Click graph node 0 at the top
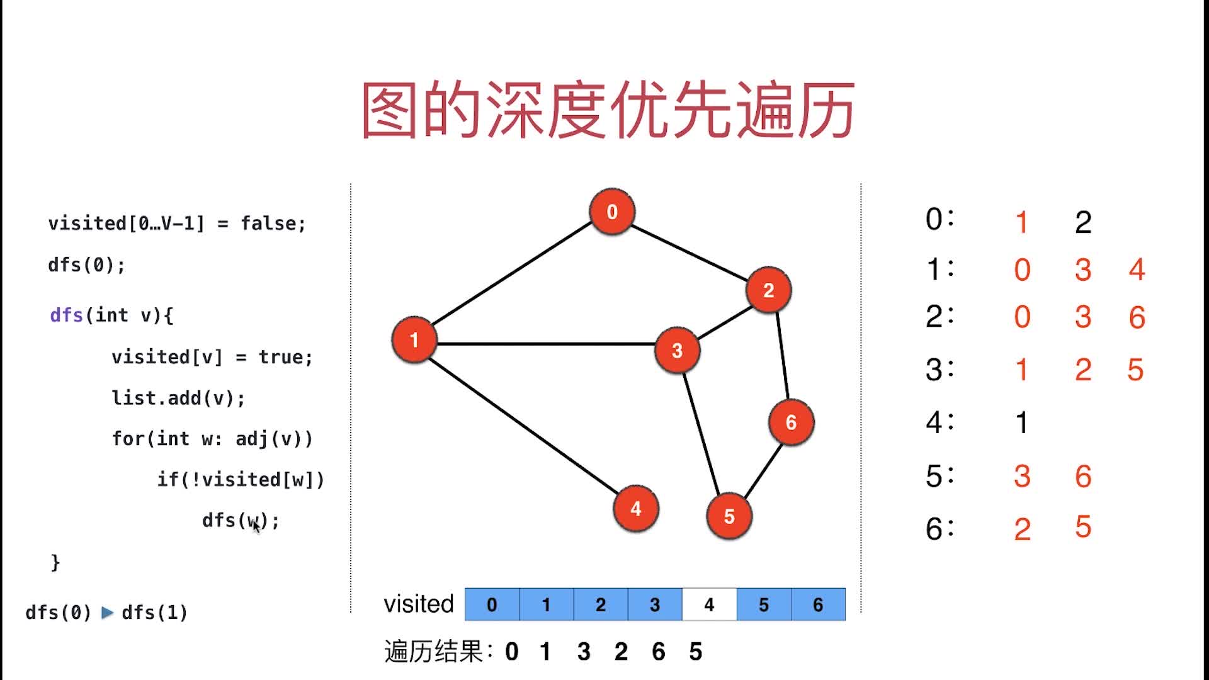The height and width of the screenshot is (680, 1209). point(611,212)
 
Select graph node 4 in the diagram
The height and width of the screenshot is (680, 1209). point(635,508)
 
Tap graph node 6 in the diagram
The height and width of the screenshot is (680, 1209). point(791,422)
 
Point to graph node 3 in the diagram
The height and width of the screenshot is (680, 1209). point(677,350)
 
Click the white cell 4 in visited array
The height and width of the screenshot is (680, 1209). point(709,604)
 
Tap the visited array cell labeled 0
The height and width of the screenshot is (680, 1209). point(492,604)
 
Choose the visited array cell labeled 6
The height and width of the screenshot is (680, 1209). point(817,604)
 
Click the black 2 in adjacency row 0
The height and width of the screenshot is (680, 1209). point(1083,222)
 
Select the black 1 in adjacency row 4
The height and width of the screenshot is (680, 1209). point(1022,422)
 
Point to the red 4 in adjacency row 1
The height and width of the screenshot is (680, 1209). point(1137,269)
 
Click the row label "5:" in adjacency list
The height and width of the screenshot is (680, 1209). point(939,476)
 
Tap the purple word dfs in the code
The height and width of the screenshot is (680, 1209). point(66,315)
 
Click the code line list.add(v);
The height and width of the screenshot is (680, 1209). point(178,398)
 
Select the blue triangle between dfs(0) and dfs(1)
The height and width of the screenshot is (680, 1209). point(107,612)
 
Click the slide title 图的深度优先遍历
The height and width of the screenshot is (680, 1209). point(608,110)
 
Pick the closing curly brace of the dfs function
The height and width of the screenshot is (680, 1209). point(55,562)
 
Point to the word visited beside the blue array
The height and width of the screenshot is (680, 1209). point(419,604)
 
